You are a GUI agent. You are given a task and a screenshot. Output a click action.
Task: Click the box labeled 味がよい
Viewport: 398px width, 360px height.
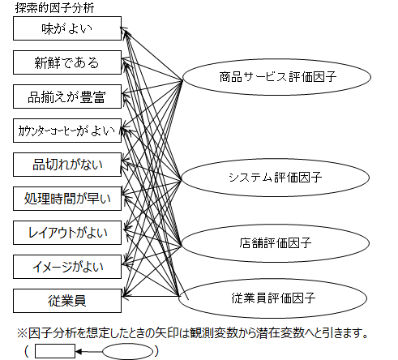(67, 28)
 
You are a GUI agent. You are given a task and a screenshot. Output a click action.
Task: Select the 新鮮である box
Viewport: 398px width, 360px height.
(67, 62)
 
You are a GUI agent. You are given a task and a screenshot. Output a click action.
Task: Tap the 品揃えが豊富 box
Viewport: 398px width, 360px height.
(67, 96)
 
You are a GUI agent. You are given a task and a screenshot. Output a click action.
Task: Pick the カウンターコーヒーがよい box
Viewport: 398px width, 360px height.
(67, 131)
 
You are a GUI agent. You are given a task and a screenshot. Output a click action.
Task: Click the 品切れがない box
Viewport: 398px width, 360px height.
(67, 165)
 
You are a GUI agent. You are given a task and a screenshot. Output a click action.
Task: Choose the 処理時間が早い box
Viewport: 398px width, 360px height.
(67, 199)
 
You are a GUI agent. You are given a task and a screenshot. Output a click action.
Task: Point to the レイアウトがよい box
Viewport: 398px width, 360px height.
(67, 233)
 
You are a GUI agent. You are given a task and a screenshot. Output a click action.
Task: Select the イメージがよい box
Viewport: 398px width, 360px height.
(67, 267)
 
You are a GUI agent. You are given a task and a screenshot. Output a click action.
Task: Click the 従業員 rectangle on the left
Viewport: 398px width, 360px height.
(67, 301)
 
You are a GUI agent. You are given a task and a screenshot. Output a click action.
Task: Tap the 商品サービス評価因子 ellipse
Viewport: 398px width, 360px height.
(277, 77)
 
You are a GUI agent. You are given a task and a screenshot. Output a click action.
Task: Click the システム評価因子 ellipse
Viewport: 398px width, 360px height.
(275, 178)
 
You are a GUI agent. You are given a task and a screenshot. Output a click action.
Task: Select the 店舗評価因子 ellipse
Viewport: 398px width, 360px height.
(275, 243)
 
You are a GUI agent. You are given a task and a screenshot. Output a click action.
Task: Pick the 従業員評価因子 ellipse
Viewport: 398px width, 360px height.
(273, 298)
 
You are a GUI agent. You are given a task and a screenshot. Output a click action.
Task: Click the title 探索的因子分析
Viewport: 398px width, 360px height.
(54, 8)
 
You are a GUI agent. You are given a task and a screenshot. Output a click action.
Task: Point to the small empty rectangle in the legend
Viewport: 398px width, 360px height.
(55, 351)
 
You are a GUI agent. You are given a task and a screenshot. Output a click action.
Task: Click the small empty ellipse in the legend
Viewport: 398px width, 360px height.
(128, 352)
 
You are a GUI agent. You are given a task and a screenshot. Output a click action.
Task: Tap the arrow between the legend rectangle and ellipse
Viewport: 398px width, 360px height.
(89, 352)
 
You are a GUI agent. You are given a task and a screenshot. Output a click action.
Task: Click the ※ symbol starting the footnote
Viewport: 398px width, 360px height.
(22, 333)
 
